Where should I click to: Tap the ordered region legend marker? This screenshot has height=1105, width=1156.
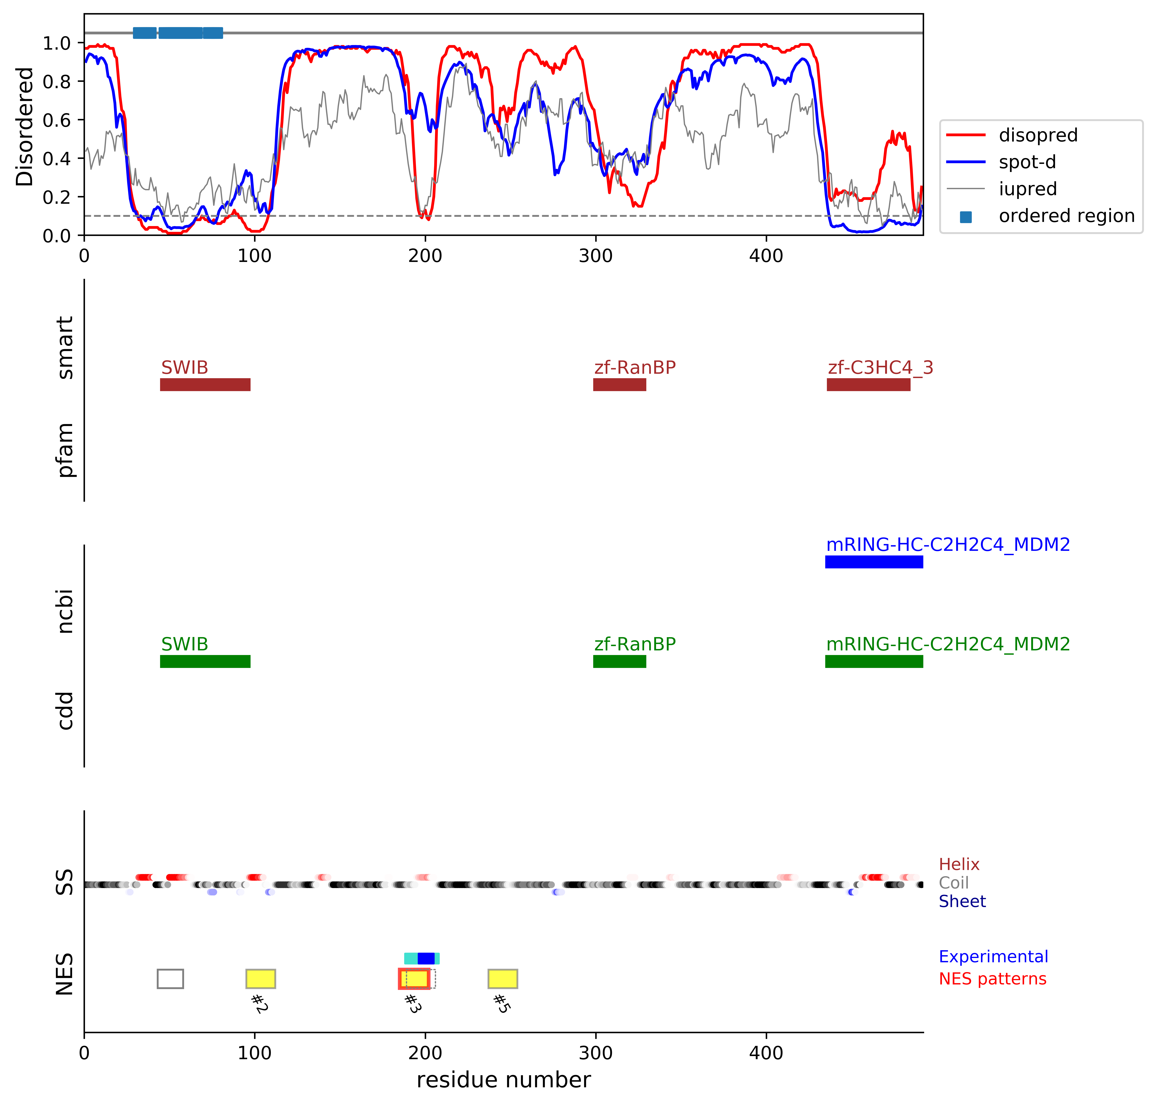(965, 217)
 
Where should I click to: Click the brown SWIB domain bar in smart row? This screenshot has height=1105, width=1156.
(205, 385)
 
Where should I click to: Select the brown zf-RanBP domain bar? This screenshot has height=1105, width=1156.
(619, 385)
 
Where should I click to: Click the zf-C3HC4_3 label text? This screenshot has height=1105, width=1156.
(880, 368)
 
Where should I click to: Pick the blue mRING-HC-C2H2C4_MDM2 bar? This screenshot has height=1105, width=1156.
(874, 562)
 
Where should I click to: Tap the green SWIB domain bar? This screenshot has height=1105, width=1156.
(205, 661)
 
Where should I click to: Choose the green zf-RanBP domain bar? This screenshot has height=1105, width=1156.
(619, 661)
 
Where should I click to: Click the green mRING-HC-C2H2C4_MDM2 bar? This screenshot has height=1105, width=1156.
(874, 661)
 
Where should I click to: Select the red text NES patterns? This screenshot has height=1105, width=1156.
(992, 979)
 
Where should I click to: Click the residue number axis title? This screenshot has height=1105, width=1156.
(503, 1080)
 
